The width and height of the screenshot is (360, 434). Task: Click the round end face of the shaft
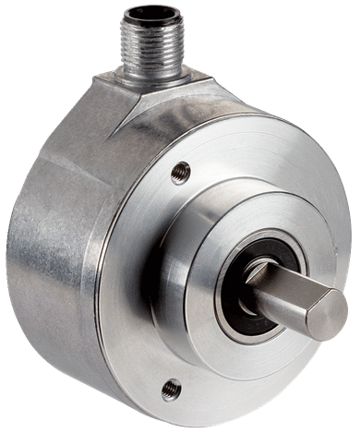328,314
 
